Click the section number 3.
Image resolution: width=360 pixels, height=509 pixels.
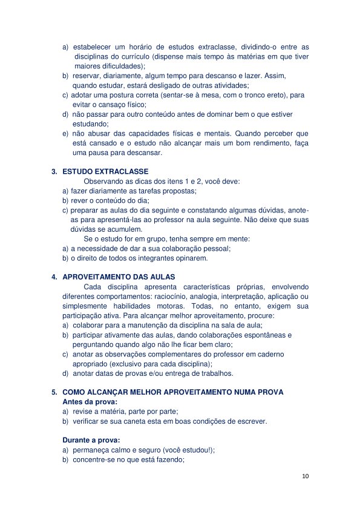[x=54, y=172]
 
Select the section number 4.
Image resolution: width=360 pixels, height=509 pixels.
[x=54, y=277]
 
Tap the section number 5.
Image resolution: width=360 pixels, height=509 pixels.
[x=54, y=392]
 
